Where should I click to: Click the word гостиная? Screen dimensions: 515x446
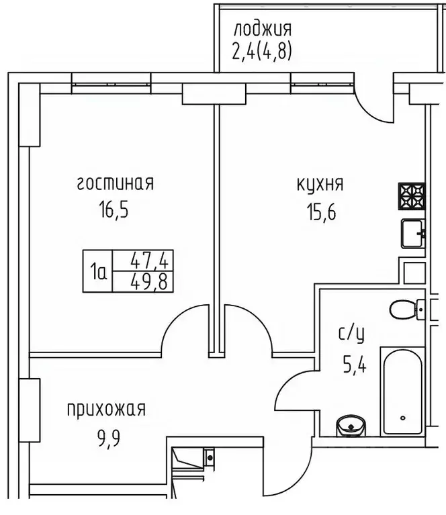coord(116,183)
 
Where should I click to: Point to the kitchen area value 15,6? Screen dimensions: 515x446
coord(320,214)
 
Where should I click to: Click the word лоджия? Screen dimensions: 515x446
coord(261,30)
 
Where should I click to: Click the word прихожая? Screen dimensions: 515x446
coord(105,409)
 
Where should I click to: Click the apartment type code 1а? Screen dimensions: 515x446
coord(99,271)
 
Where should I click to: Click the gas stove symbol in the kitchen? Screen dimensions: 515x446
coord(412,197)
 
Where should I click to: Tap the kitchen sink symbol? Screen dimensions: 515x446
coord(412,234)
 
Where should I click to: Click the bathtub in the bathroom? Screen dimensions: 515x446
coord(402,392)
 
